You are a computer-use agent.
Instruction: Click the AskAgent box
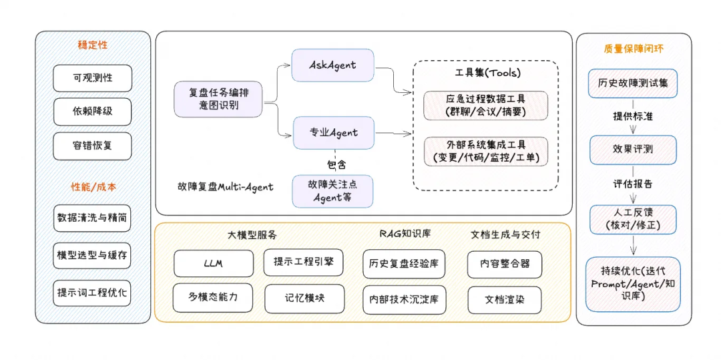point(332,65)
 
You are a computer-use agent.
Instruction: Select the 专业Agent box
point(334,132)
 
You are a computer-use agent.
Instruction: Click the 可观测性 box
point(93,78)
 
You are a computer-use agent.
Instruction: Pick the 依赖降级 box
point(93,112)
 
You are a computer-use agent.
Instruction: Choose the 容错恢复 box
point(93,146)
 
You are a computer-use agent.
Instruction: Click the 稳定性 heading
point(93,45)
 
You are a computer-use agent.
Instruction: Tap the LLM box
point(214,263)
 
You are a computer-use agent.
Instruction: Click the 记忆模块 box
point(304,299)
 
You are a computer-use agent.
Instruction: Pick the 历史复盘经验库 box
point(404,263)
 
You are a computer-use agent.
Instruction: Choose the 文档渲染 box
point(504,300)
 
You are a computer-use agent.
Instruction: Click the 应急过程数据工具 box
point(486,106)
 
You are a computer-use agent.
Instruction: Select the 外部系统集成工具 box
point(486,152)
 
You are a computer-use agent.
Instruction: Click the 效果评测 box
point(633,150)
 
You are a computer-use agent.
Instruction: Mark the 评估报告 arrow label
point(633,184)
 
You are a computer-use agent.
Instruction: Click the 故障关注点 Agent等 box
point(332,191)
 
